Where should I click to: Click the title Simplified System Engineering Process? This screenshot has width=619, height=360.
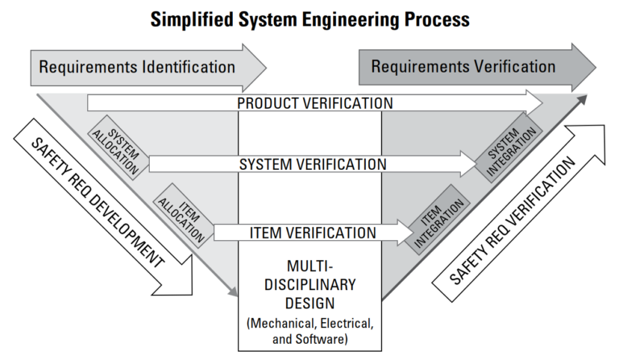309,19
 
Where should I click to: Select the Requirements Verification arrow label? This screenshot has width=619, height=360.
463,66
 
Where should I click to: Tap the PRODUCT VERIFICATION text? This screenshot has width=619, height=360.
315,103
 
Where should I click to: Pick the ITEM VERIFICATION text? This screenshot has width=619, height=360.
313,233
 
